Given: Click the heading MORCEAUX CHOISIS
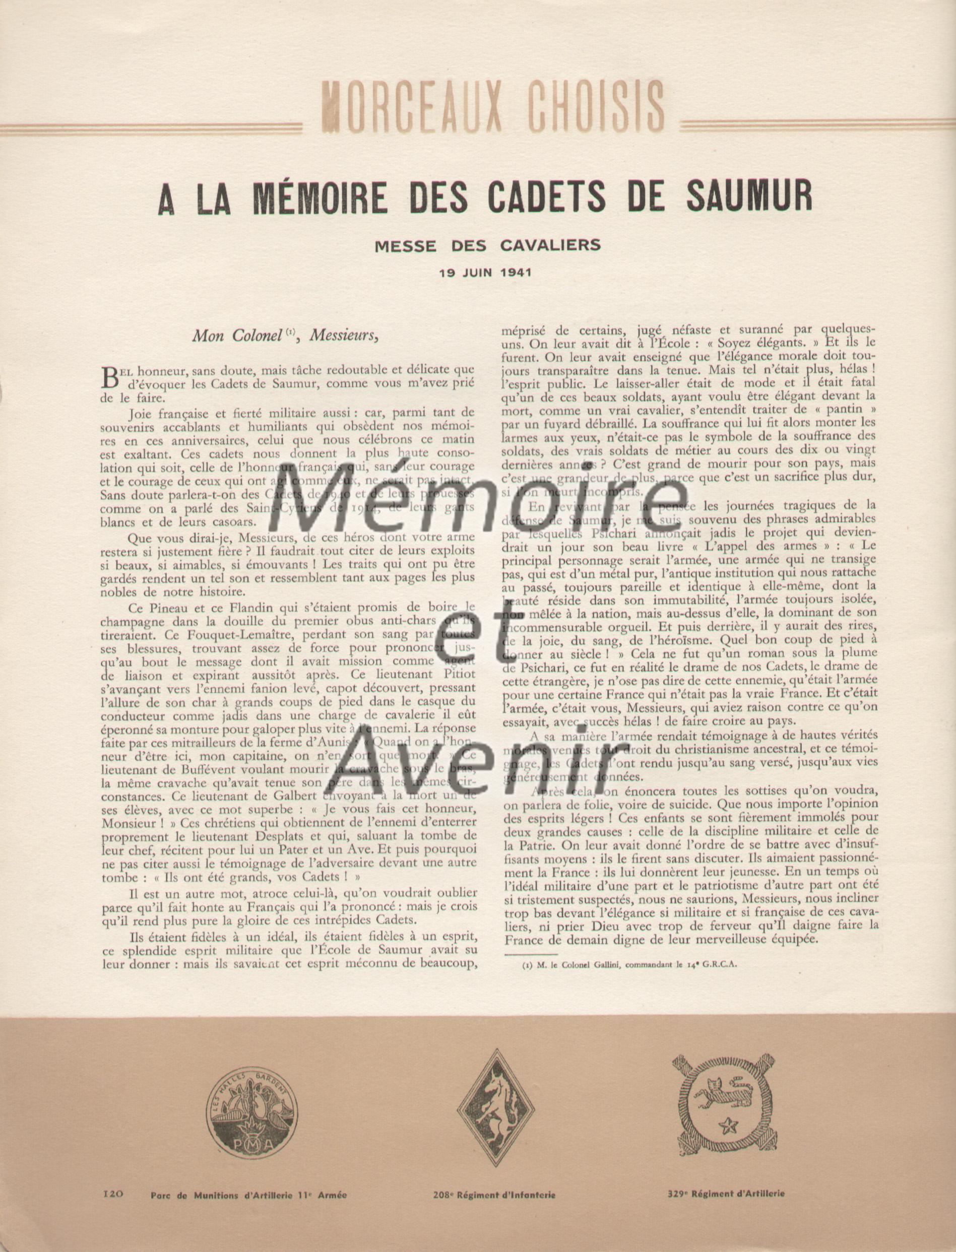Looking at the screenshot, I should tap(493, 107).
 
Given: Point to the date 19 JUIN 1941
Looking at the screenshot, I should tap(485, 272).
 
